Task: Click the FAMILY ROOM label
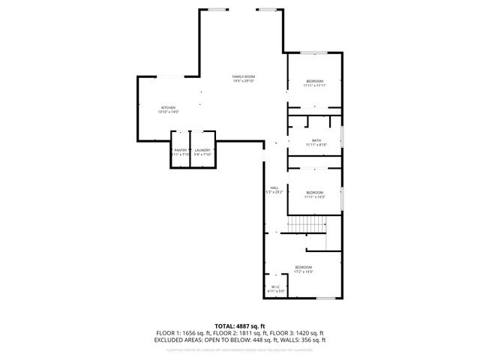point(244,77)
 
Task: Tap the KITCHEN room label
point(168,107)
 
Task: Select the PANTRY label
point(181,150)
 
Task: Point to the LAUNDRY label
point(202,150)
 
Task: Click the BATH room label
point(316,140)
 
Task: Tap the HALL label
point(274,187)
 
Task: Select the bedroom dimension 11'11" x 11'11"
point(315,85)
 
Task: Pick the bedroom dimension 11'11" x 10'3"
point(315,196)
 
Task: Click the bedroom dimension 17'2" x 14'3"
point(303,271)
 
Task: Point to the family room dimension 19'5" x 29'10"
point(244,82)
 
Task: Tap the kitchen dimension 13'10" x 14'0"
point(168,112)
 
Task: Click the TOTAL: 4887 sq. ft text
point(239,325)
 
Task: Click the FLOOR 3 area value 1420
point(307,332)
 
